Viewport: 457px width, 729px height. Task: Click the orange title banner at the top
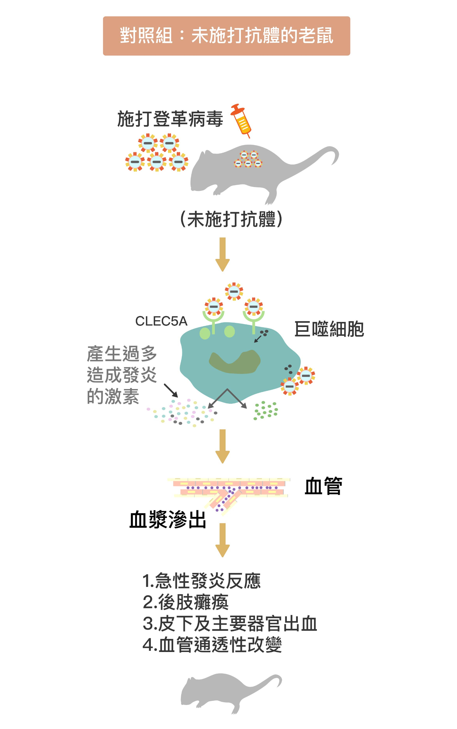pyautogui.click(x=226, y=36)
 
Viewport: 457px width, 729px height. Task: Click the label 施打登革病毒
pyautogui.click(x=170, y=119)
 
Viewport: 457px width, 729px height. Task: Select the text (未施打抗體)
pyautogui.click(x=231, y=219)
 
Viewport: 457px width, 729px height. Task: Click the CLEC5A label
pyautogui.click(x=161, y=321)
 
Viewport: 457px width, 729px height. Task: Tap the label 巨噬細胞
pyautogui.click(x=329, y=329)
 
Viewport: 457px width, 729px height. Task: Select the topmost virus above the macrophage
pyautogui.click(x=234, y=291)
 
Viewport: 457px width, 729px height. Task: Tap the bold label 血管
pyautogui.click(x=323, y=486)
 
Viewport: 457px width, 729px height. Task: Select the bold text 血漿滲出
pyautogui.click(x=168, y=520)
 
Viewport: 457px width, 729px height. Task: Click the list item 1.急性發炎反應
pyautogui.click(x=201, y=581)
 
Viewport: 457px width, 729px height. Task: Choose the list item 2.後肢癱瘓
pyautogui.click(x=185, y=602)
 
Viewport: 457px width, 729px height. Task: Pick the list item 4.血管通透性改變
pyautogui.click(x=212, y=645)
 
